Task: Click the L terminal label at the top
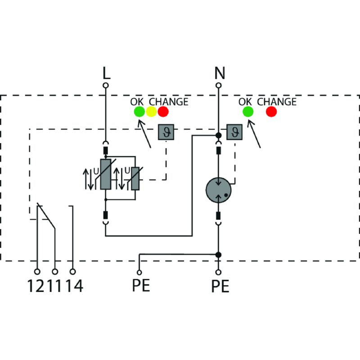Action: click(106, 72)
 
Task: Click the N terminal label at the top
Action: click(219, 72)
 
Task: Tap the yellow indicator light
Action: click(151, 111)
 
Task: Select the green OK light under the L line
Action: click(139, 111)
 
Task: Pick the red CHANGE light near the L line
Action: click(163, 111)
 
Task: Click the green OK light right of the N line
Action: click(247, 111)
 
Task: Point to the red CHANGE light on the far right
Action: click(271, 111)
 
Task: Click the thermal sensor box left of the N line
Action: click(165, 132)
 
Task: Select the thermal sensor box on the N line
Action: click(234, 132)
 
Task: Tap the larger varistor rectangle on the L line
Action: click(106, 175)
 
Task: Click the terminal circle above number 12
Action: click(37, 272)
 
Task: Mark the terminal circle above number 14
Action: click(72, 272)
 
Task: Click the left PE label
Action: click(140, 286)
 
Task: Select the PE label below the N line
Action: click(220, 287)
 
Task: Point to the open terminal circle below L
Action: click(106, 85)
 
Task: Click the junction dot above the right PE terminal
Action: click(219, 255)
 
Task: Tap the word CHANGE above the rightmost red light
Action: click(277, 102)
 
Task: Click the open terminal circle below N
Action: click(219, 85)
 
